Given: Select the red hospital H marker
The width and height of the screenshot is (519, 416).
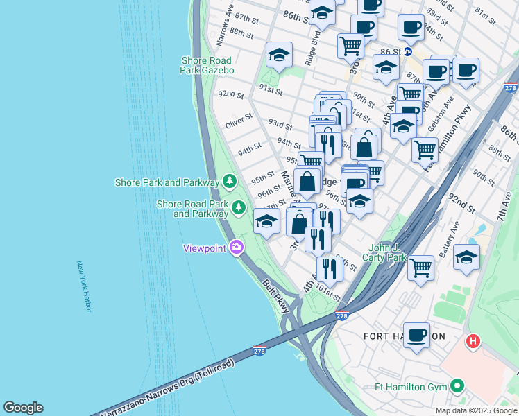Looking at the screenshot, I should pos(473,341).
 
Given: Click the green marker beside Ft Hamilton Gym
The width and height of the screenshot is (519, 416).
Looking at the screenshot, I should pos(457,386).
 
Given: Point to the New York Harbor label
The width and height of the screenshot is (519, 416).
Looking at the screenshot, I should pos(84,286).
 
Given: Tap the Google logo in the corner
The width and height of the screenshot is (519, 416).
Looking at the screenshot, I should pos(23,408).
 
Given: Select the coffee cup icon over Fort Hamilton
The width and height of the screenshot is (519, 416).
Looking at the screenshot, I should pos(416,336).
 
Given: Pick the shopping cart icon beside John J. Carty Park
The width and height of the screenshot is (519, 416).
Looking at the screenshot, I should pos(421,267).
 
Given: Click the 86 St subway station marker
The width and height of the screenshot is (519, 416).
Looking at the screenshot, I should pos(407,51).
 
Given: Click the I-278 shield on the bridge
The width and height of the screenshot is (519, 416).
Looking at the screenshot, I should pos(259,351).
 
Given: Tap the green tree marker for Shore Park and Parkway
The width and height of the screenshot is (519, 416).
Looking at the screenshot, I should pos(230,182).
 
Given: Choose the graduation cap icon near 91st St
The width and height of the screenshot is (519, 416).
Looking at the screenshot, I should pos(280,55).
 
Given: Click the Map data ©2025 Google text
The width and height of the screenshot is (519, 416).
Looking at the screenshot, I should pos(475,410).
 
